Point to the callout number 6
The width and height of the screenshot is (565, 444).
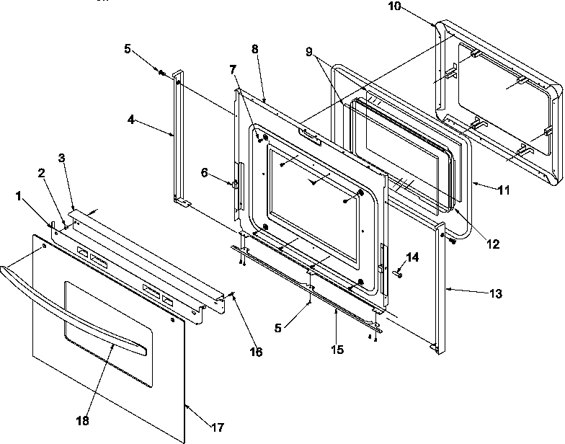[x=204, y=172]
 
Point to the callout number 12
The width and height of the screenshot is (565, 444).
[x=493, y=244]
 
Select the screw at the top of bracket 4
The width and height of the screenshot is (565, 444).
[x=162, y=71]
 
